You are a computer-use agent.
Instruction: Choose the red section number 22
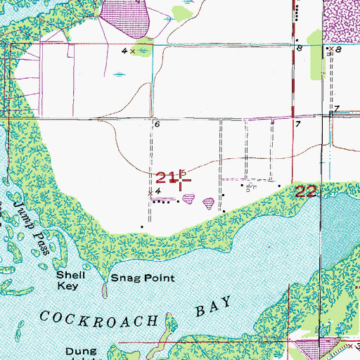(307, 192)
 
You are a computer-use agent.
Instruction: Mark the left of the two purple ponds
(188, 200)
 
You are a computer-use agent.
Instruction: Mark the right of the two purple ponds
(209, 204)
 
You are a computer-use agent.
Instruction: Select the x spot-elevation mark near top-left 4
(132, 51)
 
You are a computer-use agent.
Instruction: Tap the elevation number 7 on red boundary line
(298, 124)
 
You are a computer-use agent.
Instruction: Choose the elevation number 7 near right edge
(337, 109)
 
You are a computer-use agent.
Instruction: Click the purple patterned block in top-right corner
(343, 21)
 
